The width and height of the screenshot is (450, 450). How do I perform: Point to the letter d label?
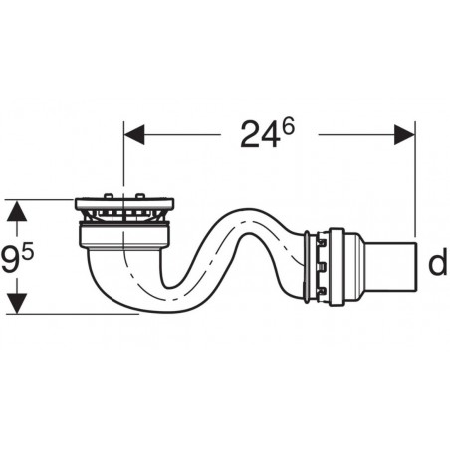click(x=435, y=264)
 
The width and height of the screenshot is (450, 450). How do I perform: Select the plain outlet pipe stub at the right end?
click(x=392, y=265)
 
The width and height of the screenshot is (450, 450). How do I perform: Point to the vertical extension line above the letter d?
click(x=413, y=179)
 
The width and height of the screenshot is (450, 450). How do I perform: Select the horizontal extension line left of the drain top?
click(x=45, y=199)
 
